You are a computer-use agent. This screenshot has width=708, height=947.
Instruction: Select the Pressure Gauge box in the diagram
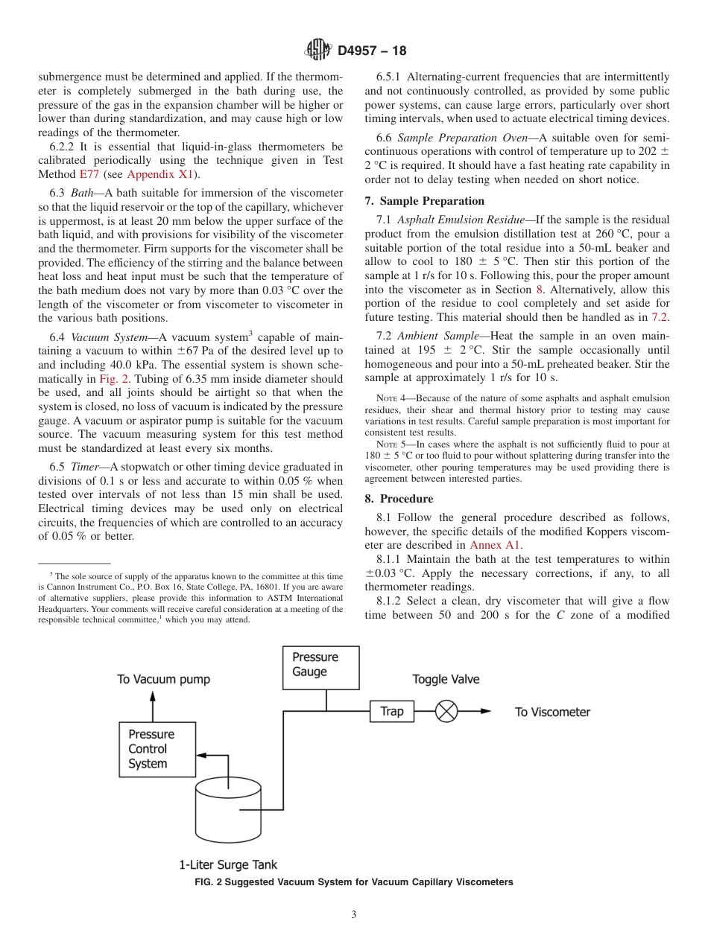(320, 667)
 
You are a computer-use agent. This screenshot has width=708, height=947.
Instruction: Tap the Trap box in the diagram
(391, 711)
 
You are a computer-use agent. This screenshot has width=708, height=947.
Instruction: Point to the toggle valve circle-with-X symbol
(446, 711)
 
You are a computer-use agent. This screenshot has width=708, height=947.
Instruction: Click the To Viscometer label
(552, 712)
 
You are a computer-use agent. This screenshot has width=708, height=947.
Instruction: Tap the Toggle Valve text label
(446, 679)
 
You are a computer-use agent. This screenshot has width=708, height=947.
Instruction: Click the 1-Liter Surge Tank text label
(227, 864)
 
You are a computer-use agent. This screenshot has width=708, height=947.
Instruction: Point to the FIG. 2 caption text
(353, 882)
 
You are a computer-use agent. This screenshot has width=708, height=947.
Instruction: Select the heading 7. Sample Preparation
(424, 201)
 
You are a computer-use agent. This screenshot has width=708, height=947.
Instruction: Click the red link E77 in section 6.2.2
(88, 174)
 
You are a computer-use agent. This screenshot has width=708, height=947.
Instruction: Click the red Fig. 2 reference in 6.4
(114, 378)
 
